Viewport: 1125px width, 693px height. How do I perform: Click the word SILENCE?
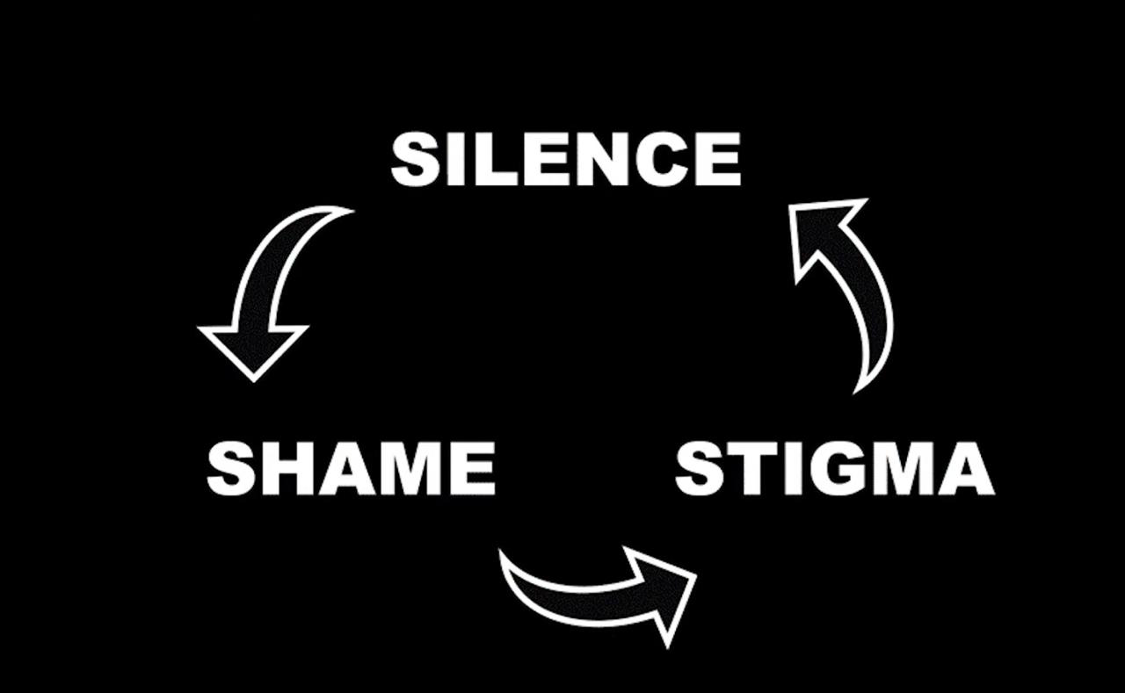click(x=565, y=159)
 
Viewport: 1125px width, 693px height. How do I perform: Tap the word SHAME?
click(x=351, y=468)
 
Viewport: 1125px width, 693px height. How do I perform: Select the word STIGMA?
click(x=834, y=468)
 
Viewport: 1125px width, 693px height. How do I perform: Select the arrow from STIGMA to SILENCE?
click(x=844, y=290)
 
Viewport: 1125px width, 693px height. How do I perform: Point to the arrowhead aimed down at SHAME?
click(x=253, y=347)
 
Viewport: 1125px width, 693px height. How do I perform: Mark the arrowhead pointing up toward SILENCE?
click(x=822, y=233)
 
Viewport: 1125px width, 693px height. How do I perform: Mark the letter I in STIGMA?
click(x=787, y=468)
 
